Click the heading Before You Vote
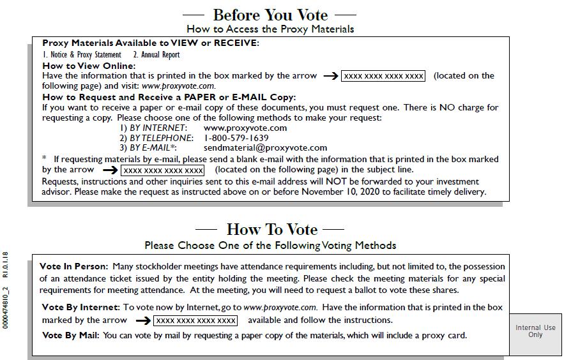[x=270, y=15]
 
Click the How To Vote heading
[x=271, y=229]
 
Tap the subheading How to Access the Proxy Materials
[x=270, y=29]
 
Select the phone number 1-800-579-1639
[x=236, y=138]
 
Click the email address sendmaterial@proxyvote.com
[x=265, y=147]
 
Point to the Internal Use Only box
[x=535, y=331]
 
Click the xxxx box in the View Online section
[x=383, y=76]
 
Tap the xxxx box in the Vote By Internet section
[x=195, y=320]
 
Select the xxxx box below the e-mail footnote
[x=163, y=170]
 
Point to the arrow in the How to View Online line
[x=330, y=76]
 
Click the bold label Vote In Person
[x=73, y=266]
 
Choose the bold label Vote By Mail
[x=69, y=335]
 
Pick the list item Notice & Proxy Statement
[x=82, y=55]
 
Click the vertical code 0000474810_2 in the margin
[x=6, y=309]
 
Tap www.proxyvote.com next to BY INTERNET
[x=245, y=128]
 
